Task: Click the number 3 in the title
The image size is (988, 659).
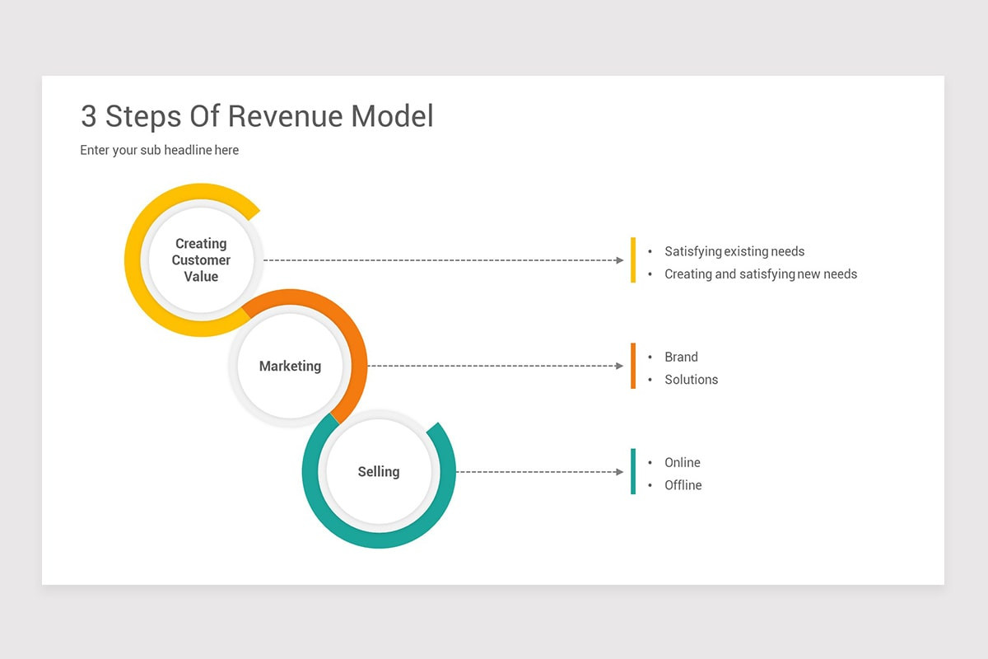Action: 89,116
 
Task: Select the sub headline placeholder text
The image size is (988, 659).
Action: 160,150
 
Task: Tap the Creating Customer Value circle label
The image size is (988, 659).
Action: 201,260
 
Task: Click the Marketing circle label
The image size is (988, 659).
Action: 290,366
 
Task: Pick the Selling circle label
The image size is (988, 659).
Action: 379,472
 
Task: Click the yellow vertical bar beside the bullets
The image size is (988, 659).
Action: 633,260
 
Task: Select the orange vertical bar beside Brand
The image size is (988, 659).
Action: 633,366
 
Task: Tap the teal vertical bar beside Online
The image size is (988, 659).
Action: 633,471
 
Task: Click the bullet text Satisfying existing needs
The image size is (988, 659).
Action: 734,251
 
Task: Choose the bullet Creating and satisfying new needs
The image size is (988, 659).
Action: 761,274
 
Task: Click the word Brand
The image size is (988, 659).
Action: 681,357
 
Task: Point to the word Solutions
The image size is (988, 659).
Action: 692,380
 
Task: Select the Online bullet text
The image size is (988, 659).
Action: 683,463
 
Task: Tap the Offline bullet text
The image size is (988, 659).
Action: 683,485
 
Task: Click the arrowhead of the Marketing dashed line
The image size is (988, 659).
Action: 620,366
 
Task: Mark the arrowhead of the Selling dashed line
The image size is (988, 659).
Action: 620,472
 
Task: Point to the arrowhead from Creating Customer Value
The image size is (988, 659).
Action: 620,260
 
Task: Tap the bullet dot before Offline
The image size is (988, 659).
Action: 650,485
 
